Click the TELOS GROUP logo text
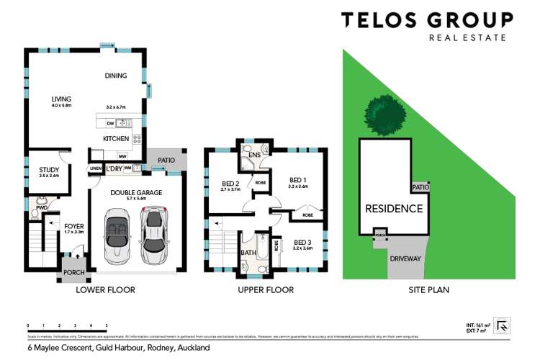[x=427, y=20]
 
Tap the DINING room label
[x=115, y=76]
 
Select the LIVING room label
[x=61, y=99]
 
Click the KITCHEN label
[x=115, y=138]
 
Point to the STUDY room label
[x=49, y=170]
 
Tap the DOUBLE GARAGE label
[x=135, y=193]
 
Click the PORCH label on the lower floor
[x=74, y=272]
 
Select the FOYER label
[x=74, y=225]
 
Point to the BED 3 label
[x=303, y=243]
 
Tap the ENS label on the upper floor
[x=253, y=155]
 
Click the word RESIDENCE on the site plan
[x=394, y=209]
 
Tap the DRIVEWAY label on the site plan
[x=407, y=257]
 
